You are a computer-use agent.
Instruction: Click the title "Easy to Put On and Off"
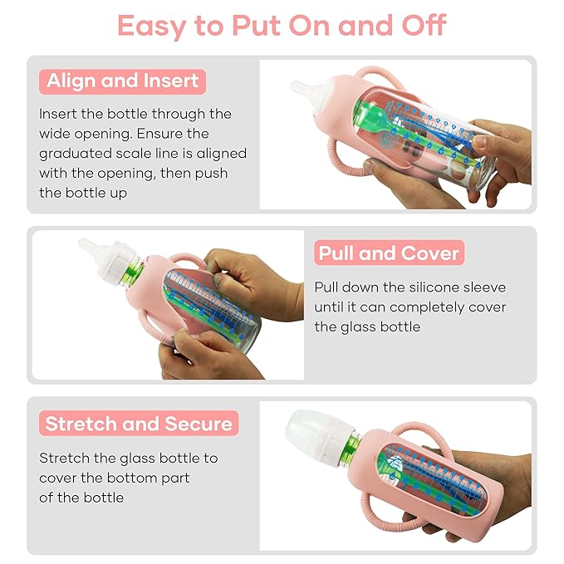282,26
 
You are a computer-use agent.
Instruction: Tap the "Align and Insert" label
122,81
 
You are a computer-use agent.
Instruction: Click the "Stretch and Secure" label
139,424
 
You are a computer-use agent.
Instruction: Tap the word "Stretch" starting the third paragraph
65,458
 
